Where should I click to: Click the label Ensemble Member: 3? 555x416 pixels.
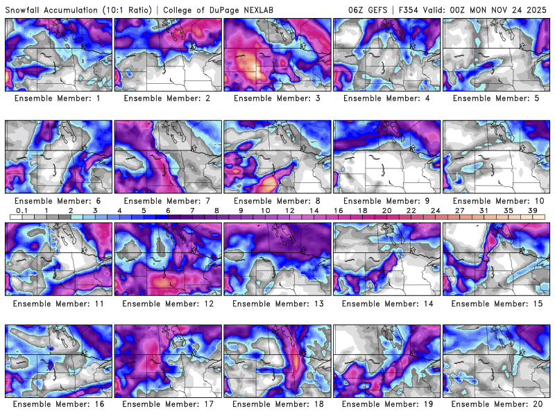click(277, 98)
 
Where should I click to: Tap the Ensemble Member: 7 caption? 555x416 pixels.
click(167, 201)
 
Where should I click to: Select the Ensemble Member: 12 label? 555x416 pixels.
click(167, 304)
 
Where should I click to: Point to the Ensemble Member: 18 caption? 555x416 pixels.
click(277, 404)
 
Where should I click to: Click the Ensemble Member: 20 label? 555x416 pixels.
click(496, 404)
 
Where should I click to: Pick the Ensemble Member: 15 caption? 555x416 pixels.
click(496, 304)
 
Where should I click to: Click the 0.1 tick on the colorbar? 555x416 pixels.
click(22, 211)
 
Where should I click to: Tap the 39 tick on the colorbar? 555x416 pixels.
click(532, 211)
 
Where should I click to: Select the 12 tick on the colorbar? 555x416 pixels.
click(289, 211)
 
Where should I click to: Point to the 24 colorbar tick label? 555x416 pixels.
click(435, 211)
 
